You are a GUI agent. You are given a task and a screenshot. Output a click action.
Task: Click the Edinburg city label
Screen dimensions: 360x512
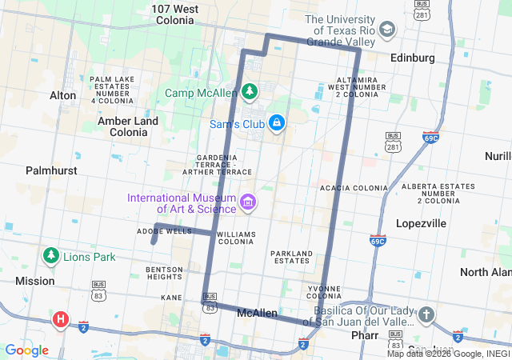click(x=412, y=58)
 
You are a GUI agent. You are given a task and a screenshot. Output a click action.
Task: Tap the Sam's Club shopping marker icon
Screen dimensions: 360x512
click(x=276, y=123)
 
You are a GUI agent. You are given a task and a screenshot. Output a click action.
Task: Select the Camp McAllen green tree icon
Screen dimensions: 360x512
click(x=250, y=92)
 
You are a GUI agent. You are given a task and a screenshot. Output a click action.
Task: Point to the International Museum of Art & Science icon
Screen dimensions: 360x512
click(x=248, y=201)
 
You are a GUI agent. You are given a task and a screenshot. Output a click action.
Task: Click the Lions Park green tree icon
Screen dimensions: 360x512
click(x=51, y=256)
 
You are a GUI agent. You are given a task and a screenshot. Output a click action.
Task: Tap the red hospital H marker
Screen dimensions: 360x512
click(x=60, y=321)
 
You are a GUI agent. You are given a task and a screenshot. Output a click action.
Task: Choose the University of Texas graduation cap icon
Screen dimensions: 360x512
click(x=388, y=30)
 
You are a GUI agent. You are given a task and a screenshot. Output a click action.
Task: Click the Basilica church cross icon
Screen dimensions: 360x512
click(x=426, y=314)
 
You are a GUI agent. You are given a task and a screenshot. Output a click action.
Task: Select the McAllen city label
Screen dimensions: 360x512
click(x=258, y=314)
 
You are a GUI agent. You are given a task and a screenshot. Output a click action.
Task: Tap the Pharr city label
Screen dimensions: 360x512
click(x=364, y=335)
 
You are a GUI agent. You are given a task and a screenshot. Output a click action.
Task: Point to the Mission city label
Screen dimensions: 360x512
click(x=35, y=281)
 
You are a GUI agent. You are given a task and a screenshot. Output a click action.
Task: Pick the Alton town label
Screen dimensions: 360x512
click(x=63, y=95)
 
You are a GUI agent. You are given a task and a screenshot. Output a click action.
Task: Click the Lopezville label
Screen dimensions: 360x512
click(x=421, y=223)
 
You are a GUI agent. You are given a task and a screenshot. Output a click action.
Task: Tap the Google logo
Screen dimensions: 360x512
click(x=26, y=350)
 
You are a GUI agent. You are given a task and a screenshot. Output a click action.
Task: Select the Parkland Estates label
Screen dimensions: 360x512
click(x=291, y=257)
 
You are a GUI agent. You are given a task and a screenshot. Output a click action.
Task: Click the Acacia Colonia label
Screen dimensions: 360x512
click(x=354, y=188)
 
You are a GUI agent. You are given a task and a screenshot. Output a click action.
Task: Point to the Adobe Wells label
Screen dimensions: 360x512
click(x=164, y=230)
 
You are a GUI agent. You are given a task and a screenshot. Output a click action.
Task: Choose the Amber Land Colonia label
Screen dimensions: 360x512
click(x=128, y=126)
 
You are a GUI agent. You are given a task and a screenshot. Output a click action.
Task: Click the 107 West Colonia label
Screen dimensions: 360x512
click(x=174, y=15)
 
